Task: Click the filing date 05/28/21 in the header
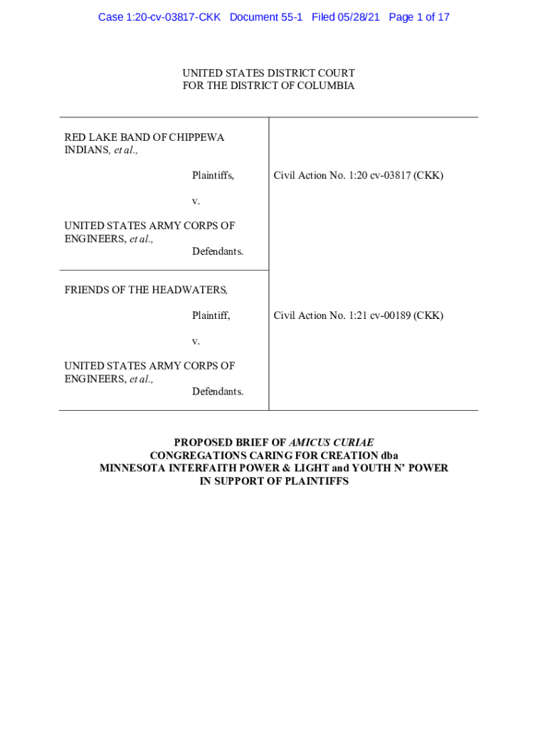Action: pyautogui.click(x=359, y=17)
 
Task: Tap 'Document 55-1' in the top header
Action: pyautogui.click(x=266, y=17)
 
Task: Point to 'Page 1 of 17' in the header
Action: pyautogui.click(x=419, y=17)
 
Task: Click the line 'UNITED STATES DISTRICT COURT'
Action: pyautogui.click(x=268, y=73)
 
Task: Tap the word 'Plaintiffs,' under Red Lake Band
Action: pyautogui.click(x=213, y=175)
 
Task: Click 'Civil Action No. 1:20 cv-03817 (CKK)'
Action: pyautogui.click(x=358, y=175)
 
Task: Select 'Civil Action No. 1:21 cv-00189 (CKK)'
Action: pyautogui.click(x=358, y=315)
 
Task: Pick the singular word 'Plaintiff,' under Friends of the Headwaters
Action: pyautogui.click(x=211, y=315)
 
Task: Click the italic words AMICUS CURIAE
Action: pyautogui.click(x=331, y=442)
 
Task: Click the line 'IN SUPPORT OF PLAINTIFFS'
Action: pyautogui.click(x=274, y=481)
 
